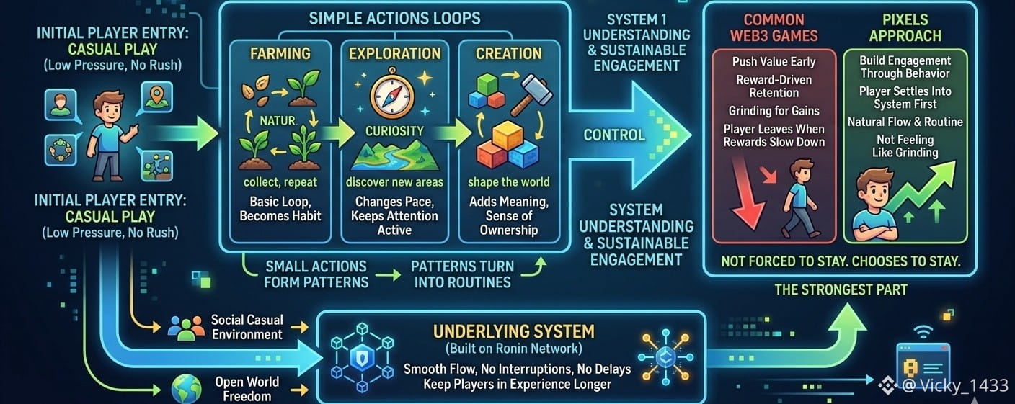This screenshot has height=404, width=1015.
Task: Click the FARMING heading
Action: coord(280,53)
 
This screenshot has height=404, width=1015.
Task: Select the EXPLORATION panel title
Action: coord(394,53)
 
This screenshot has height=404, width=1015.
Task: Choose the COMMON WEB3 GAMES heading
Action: coord(774,28)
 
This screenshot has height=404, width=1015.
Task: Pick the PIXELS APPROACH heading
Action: coord(905,28)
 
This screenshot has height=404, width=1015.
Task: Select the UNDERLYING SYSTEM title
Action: coord(513,331)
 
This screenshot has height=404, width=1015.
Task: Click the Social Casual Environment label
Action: coord(247,327)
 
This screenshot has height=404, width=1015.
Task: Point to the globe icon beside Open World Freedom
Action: coord(185,389)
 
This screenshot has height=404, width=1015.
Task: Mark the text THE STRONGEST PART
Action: coord(841,290)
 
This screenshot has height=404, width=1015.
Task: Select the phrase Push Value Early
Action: coord(774,62)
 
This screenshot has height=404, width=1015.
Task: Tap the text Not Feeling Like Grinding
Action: coord(905,145)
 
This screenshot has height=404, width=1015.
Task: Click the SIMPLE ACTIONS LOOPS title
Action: coord(394,19)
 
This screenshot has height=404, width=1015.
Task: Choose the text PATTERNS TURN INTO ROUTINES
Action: coord(462,274)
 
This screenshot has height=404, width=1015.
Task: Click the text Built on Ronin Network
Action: coord(513,349)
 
